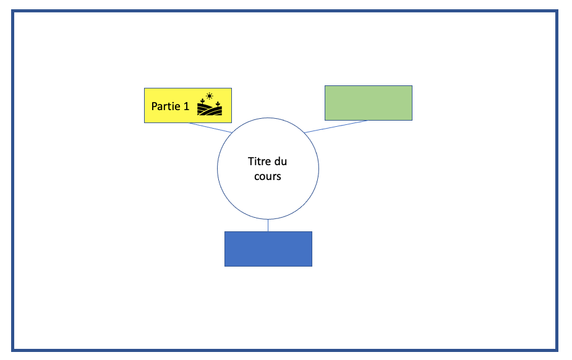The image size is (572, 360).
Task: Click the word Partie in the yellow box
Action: tap(166, 106)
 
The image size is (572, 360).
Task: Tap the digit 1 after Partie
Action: tap(186, 106)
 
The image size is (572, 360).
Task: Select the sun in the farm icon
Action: tap(210, 96)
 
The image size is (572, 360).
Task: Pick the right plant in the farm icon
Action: tap(218, 105)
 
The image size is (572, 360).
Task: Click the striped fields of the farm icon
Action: tap(210, 109)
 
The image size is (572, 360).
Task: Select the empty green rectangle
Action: tap(369, 103)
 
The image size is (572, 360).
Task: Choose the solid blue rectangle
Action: tap(268, 249)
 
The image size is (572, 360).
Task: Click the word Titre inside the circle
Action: tap(258, 161)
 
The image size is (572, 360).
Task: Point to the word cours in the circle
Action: tap(268, 176)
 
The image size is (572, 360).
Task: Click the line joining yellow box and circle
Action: tap(210, 127)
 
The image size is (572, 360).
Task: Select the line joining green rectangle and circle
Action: tap(336, 127)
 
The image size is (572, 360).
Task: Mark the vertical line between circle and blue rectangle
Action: tap(268, 225)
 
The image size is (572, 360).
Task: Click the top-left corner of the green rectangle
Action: tap(325, 86)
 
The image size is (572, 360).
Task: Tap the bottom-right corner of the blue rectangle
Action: tap(312, 266)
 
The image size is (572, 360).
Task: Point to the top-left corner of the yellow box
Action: tap(145, 88)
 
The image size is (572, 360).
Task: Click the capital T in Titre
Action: tap(251, 161)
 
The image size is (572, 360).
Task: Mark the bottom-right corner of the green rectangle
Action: tap(412, 120)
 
